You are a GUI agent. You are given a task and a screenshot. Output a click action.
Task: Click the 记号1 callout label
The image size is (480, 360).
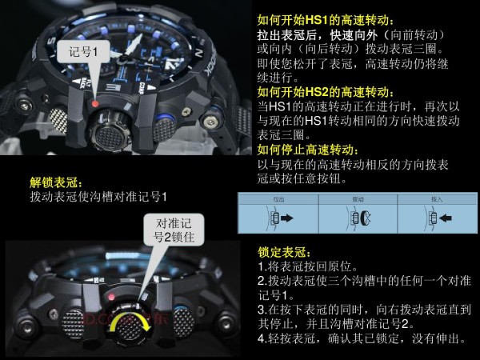82,52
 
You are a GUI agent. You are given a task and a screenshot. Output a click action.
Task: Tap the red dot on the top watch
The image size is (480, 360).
94,103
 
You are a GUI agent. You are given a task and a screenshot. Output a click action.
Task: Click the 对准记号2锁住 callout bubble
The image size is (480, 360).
173,230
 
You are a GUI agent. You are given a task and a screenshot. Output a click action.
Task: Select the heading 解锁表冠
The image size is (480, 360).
57,183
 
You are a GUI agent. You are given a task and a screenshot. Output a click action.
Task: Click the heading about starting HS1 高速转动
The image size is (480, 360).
331,20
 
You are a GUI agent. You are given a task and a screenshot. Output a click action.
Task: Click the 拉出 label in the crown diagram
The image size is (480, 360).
278,198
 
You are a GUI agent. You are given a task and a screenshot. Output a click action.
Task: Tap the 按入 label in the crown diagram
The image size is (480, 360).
436,198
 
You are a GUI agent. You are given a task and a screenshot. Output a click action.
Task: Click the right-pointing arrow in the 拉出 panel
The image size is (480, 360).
283,217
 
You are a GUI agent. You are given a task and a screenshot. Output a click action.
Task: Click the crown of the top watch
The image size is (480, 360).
108,127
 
